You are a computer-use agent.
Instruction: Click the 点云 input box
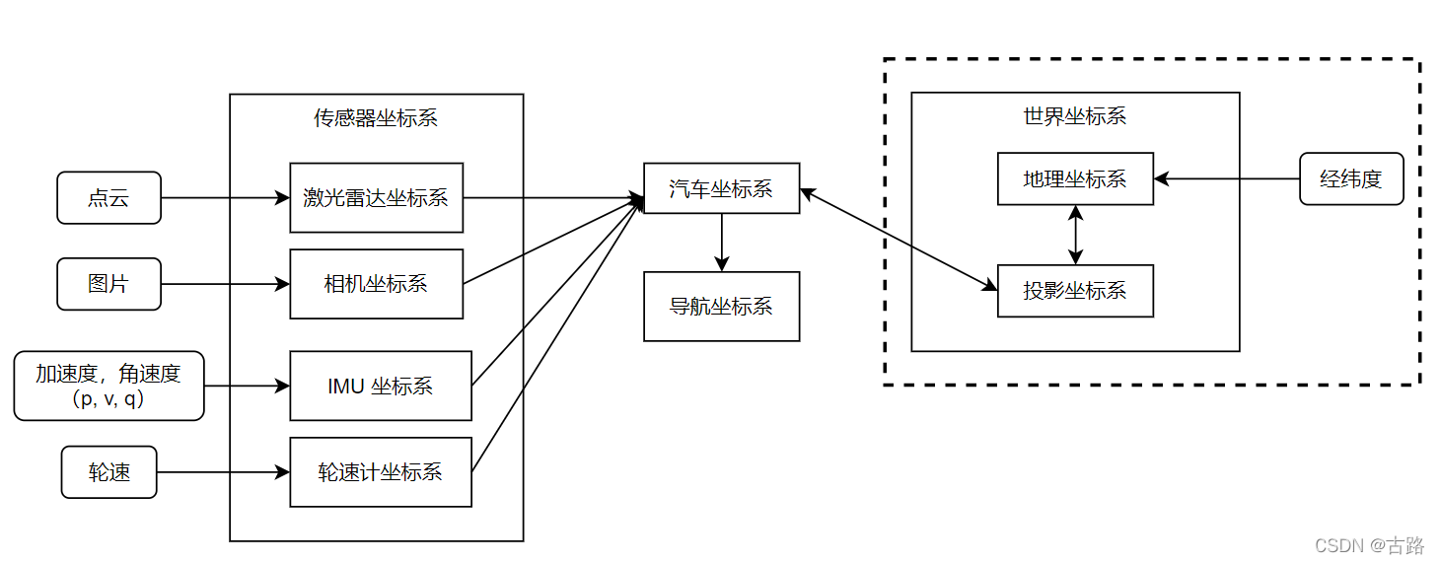(108, 198)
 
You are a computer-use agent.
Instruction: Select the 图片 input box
(108, 284)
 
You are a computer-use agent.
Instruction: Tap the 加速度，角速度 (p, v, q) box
(108, 386)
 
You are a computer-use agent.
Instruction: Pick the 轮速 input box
(108, 472)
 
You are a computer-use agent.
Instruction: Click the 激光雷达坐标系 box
(376, 198)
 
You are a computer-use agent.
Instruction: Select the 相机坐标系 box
(376, 284)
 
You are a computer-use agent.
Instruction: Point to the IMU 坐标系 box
(380, 386)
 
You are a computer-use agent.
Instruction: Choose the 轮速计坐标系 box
(380, 472)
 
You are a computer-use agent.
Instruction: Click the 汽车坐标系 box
(721, 188)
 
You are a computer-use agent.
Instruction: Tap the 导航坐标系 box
(721, 307)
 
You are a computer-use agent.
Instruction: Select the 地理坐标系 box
(1075, 178)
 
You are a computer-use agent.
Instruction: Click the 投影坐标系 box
(1075, 291)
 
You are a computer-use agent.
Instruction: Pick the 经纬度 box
(1351, 178)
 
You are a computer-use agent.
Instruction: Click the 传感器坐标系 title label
(376, 118)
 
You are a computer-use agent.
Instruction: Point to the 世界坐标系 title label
(1075, 115)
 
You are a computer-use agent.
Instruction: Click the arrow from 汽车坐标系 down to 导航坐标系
(722, 242)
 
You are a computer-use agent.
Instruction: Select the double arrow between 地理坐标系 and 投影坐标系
(1075, 235)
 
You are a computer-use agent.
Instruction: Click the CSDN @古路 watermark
(1369, 544)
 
